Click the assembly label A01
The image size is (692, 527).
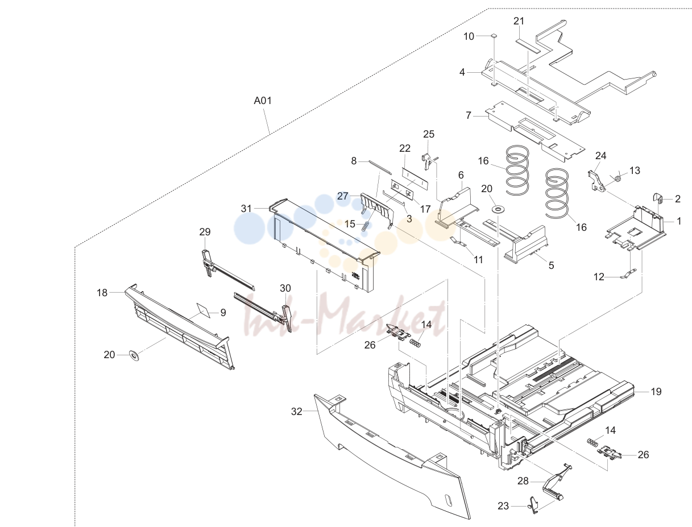263,101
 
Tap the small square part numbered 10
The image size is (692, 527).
494,36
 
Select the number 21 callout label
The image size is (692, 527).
519,21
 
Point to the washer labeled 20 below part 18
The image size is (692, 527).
134,355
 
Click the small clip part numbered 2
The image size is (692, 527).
657,198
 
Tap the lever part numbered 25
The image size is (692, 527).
426,161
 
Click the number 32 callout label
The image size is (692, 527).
296,412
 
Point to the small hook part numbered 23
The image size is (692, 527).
533,505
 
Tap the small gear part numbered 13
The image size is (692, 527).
618,179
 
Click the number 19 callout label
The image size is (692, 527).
656,392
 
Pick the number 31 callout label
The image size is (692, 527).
246,209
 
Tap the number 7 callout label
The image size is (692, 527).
469,115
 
